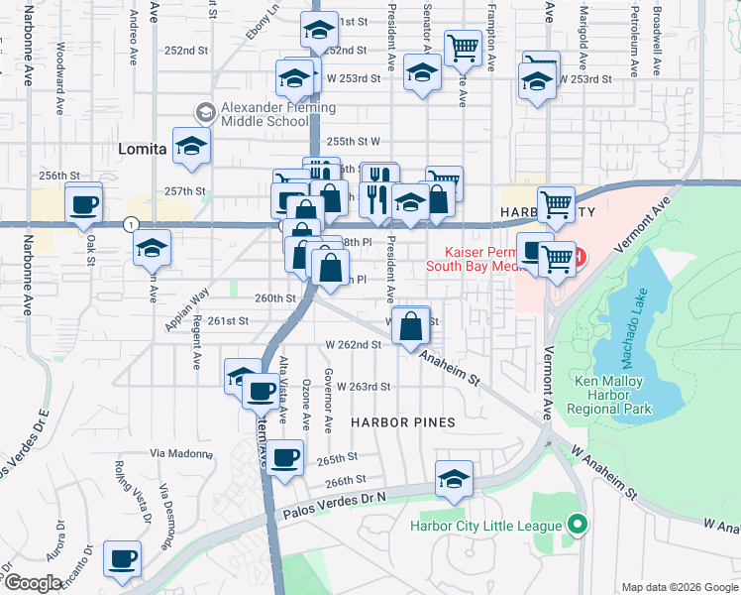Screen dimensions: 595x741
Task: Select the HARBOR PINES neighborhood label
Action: (403, 422)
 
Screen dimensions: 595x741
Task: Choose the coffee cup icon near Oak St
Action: (84, 204)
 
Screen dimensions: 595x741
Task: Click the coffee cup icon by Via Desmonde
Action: (123, 558)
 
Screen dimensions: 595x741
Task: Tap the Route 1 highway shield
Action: (131, 225)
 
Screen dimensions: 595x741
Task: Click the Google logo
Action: (33, 583)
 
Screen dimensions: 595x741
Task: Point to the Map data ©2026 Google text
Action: (680, 587)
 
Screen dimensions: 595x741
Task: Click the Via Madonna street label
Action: (181, 454)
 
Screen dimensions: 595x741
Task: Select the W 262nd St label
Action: (354, 345)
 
